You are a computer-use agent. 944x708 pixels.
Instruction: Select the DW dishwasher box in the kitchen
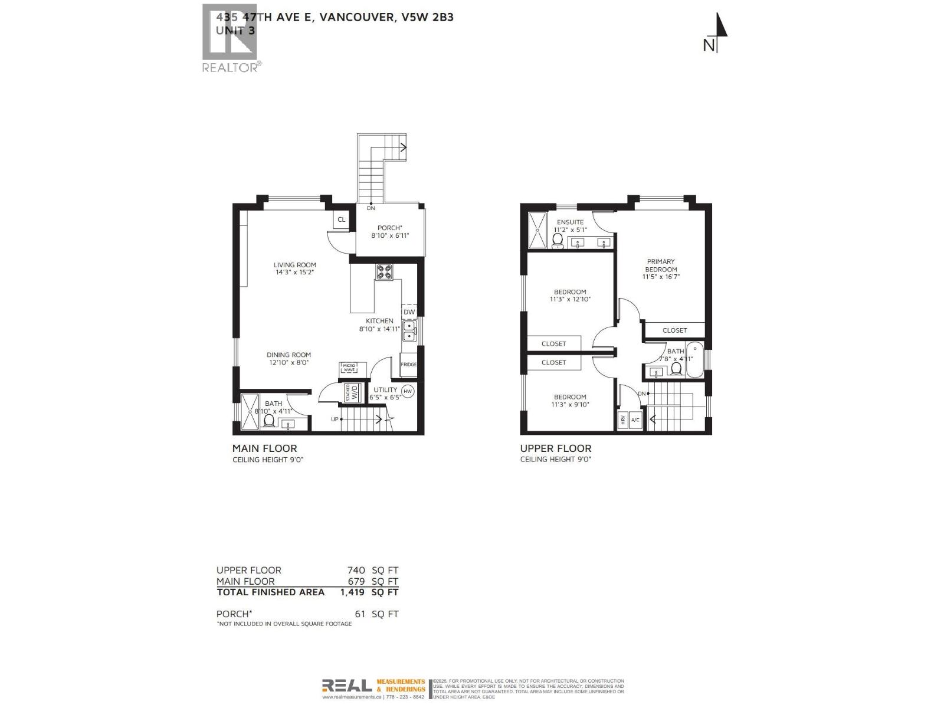click(x=409, y=312)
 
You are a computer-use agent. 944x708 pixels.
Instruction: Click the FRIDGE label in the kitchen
click(x=408, y=365)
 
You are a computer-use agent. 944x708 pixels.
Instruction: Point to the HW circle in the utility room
click(x=408, y=391)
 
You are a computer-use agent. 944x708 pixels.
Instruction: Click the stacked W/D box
click(x=352, y=392)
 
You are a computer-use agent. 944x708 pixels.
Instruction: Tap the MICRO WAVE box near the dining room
click(x=349, y=368)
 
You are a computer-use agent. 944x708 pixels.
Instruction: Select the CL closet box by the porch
click(x=341, y=219)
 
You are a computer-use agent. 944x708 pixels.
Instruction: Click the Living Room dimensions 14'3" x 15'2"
click(x=294, y=273)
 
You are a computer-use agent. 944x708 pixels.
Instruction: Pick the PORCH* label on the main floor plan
click(x=389, y=228)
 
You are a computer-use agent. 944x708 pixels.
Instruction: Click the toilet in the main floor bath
click(x=269, y=420)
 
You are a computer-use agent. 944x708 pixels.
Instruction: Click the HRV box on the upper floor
click(x=622, y=420)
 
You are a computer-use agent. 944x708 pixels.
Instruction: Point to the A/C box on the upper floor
click(x=635, y=420)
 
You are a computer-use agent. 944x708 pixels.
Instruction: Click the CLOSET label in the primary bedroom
click(x=674, y=330)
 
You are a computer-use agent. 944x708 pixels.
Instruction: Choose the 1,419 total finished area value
click(x=352, y=592)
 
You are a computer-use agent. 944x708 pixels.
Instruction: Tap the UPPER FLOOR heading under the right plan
click(x=555, y=448)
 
